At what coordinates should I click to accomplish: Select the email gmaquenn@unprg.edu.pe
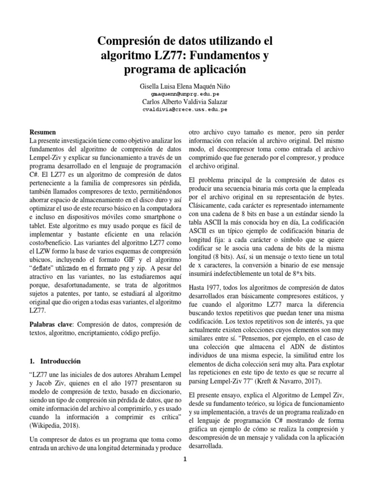click(185, 94)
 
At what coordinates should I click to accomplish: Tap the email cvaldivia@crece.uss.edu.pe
click(185, 109)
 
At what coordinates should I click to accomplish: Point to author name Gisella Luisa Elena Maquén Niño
click(185, 86)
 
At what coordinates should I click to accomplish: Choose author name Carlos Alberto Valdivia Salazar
click(185, 102)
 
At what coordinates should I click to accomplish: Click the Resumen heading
click(43, 132)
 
